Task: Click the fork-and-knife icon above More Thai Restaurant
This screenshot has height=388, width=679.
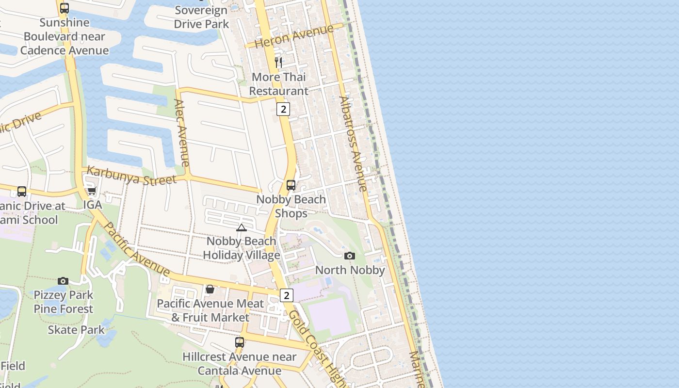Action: [278, 62]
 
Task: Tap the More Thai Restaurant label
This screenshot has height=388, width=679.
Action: [278, 84]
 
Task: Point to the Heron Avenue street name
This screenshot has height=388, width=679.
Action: [294, 36]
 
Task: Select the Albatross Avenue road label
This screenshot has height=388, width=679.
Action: [353, 144]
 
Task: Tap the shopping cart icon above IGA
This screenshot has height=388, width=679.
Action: [92, 191]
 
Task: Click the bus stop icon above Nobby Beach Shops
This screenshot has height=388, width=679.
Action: [291, 185]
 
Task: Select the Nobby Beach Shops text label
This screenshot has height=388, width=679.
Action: [291, 206]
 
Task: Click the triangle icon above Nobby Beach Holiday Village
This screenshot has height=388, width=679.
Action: [241, 227]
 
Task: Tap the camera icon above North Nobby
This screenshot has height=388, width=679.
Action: [349, 256]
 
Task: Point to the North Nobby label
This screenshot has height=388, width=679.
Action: [350, 270]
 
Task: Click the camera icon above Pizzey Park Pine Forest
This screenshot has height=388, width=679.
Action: [63, 281]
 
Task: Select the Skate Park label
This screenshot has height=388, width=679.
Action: [76, 330]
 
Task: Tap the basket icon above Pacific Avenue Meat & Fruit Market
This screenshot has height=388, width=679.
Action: [210, 289]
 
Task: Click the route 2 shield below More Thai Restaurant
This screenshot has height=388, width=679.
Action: [283, 109]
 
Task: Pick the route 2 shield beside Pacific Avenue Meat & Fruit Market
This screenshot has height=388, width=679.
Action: [287, 295]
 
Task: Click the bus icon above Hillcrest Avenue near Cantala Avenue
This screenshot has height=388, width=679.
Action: [239, 342]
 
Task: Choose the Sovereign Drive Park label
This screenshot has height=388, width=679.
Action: [201, 17]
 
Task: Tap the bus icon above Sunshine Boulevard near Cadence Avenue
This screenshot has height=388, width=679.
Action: [65, 8]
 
